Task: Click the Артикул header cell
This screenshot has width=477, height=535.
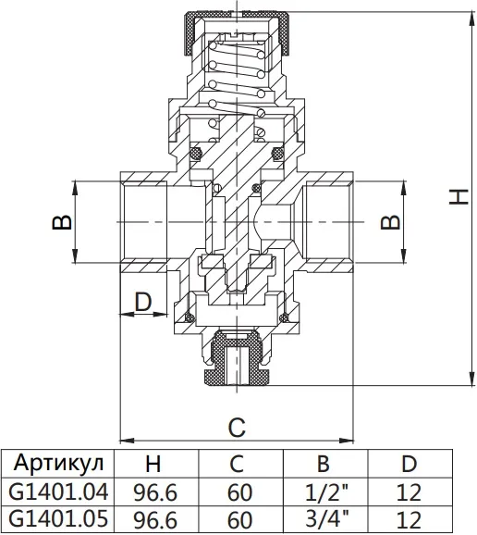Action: point(58,463)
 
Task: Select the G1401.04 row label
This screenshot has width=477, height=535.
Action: point(58,492)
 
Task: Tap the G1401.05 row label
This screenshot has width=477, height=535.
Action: point(58,518)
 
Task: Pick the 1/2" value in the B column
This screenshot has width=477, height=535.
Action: point(326,492)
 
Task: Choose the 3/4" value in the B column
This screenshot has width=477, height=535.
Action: point(326,518)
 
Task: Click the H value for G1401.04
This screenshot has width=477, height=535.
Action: point(155,492)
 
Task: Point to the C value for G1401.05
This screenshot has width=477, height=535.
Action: point(239,519)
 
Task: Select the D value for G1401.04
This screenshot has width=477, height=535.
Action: point(410,492)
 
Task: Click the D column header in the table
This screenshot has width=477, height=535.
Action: point(410,464)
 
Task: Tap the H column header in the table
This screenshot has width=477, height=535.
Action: point(153,464)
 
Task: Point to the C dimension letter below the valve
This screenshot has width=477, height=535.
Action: point(237,428)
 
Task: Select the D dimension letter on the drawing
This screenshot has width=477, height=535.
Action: point(142,301)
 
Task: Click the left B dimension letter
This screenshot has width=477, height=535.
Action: point(62,222)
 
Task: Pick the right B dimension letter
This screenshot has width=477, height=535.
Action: point(390,222)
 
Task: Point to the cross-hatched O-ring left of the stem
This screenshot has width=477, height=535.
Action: point(195,153)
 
